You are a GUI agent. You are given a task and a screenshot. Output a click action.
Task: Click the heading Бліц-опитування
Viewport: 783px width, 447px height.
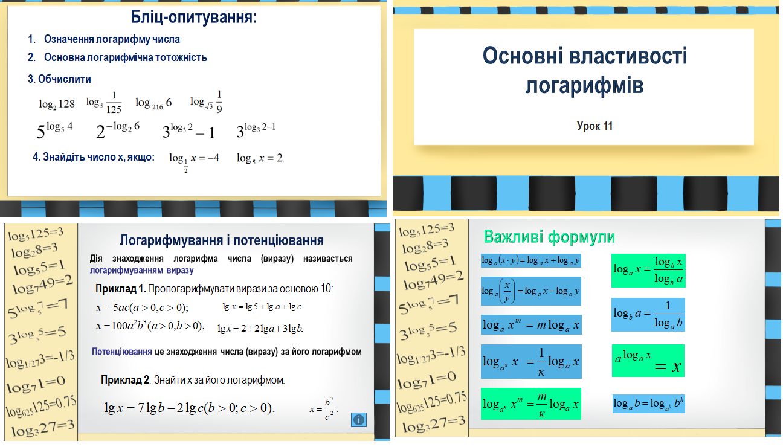tap(194, 18)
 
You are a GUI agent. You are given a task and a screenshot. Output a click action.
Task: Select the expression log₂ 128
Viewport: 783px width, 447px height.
tap(57, 104)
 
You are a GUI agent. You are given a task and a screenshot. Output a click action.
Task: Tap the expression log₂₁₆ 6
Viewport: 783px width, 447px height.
tap(153, 103)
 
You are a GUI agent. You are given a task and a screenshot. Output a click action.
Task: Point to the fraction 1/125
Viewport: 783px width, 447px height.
tap(114, 103)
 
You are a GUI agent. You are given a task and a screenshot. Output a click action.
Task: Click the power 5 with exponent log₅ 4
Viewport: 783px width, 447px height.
tap(54, 130)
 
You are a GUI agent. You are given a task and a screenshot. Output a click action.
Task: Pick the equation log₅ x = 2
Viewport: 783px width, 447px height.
tap(260, 158)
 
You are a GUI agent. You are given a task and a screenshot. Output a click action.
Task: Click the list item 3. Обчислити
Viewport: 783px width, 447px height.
tap(59, 79)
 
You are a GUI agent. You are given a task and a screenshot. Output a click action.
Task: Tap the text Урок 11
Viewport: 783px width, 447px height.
tap(594, 126)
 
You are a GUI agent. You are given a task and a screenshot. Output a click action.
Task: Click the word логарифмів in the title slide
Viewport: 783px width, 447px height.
tap(584, 85)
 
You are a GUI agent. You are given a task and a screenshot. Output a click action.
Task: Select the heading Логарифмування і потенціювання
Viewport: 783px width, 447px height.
tap(222, 240)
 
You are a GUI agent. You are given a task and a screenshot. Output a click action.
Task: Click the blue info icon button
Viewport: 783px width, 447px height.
tap(359, 420)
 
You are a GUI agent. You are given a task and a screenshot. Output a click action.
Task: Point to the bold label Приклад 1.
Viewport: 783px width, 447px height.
tap(121, 289)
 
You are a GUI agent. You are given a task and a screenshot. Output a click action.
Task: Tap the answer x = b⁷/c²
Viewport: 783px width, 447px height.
tap(323, 408)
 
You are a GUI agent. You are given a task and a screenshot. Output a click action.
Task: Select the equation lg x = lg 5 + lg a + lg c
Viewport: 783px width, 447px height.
tap(263, 307)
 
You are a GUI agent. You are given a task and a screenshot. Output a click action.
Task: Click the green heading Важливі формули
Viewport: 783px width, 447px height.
tap(549, 237)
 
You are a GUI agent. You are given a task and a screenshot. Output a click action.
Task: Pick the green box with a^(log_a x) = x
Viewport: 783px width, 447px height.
tap(648, 361)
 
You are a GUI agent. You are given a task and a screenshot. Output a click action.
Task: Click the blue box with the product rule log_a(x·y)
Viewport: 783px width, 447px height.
tap(530, 260)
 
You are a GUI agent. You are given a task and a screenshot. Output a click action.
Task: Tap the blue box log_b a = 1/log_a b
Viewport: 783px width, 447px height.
tap(648, 315)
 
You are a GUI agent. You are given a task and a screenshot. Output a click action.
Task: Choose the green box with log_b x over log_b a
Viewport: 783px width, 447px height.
tap(648, 271)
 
